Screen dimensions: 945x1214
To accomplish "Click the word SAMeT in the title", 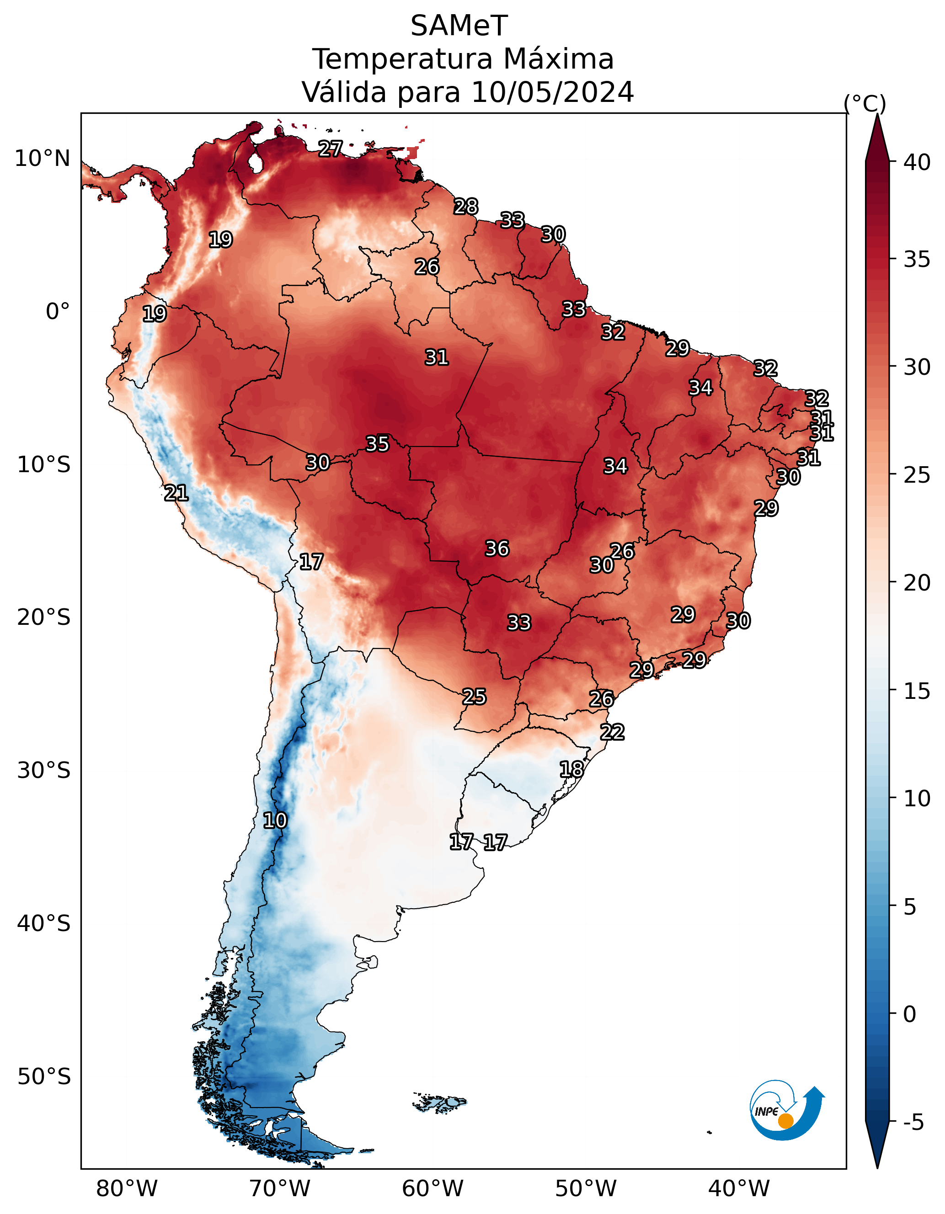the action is click(x=459, y=26).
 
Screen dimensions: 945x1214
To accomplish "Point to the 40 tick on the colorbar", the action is click(x=917, y=162).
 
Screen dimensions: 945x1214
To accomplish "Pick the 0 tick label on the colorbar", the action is click(x=909, y=1014).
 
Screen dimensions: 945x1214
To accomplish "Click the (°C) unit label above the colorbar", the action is click(x=865, y=103).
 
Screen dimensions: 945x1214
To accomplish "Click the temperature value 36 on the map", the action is click(x=497, y=548).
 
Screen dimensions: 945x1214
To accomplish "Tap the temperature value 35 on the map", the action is click(x=378, y=443).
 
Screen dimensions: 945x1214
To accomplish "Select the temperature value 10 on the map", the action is click(x=275, y=820).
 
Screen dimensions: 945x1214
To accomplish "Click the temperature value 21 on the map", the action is click(x=176, y=492).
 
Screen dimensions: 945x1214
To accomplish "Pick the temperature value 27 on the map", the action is click(x=330, y=149).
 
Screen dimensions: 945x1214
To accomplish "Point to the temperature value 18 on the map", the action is click(x=571, y=769).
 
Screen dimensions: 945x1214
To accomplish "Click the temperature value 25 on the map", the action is click(x=474, y=697).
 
